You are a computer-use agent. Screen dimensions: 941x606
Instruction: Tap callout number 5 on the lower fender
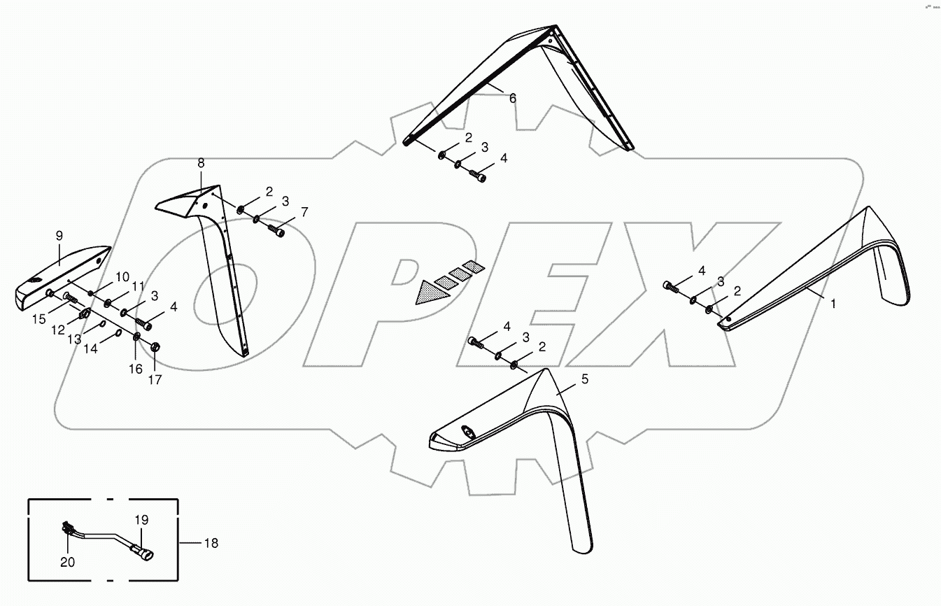coord(585,380)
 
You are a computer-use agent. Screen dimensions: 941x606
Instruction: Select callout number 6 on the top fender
coord(513,99)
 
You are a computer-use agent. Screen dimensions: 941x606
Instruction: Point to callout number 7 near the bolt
coord(304,211)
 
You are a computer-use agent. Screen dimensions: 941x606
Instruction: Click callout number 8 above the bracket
coord(201,163)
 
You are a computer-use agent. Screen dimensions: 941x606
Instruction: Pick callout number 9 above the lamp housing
coord(59,236)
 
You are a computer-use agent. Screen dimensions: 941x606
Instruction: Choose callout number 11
coord(138,286)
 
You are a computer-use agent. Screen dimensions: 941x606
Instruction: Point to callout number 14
coord(91,348)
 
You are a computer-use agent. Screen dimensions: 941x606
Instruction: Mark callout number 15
coord(38,319)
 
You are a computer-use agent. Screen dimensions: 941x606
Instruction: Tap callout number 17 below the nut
coord(155,380)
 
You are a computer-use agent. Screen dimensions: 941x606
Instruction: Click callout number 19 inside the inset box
coord(142,520)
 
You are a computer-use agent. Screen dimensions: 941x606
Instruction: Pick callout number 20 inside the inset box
coord(67,562)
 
